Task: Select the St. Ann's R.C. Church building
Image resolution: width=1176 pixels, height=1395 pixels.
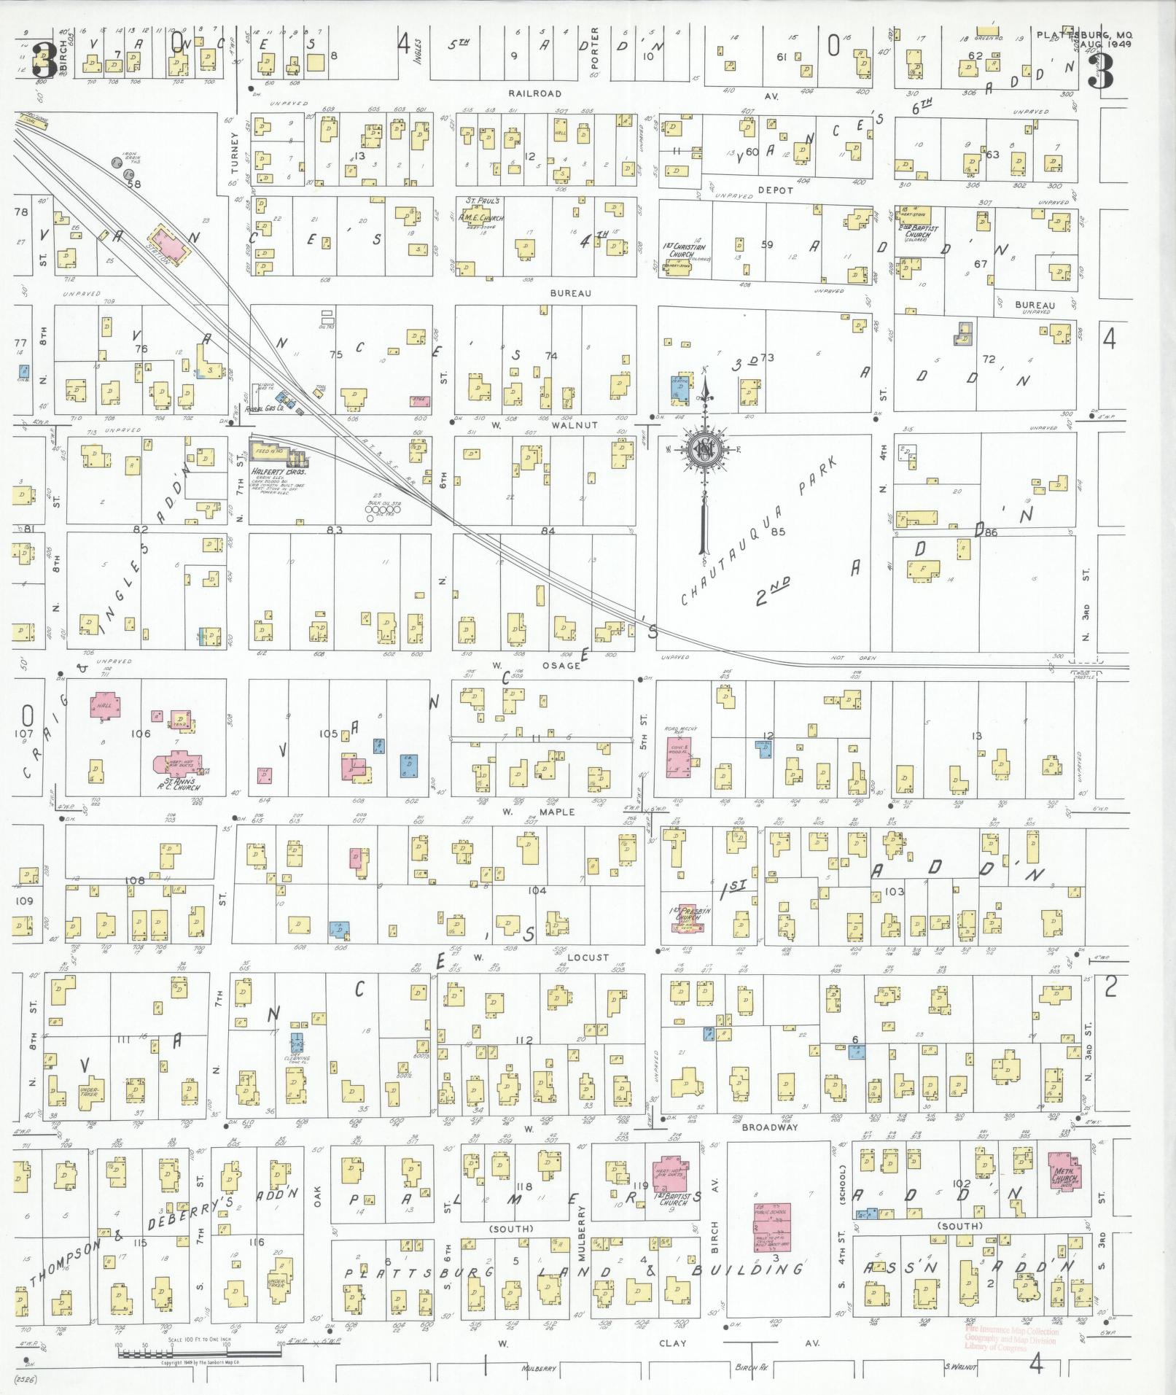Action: coord(177,763)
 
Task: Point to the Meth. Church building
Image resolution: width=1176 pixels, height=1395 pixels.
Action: coord(1064,1173)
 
